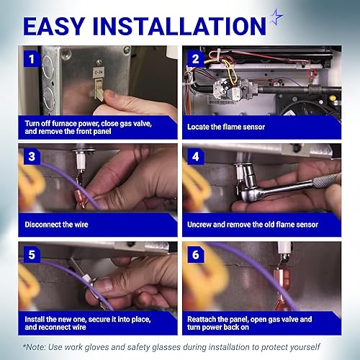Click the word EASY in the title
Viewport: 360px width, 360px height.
pyautogui.click(x=54, y=26)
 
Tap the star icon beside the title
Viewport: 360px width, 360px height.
pyautogui.click(x=276, y=17)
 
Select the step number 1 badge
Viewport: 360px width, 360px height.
pyautogui.click(x=32, y=59)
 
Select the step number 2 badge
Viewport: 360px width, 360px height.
pyautogui.click(x=196, y=59)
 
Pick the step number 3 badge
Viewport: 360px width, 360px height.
pyautogui.click(x=32, y=157)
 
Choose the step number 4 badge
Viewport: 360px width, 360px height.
pyautogui.click(x=196, y=157)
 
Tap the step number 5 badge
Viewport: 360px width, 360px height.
pyautogui.click(x=32, y=255)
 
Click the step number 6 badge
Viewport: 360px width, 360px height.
pyautogui.click(x=196, y=255)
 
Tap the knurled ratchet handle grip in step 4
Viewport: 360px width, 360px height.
pyautogui.click(x=326, y=181)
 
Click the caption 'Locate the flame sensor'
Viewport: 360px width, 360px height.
pyautogui.click(x=226, y=127)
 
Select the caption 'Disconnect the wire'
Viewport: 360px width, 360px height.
pyautogui.click(x=56, y=225)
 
